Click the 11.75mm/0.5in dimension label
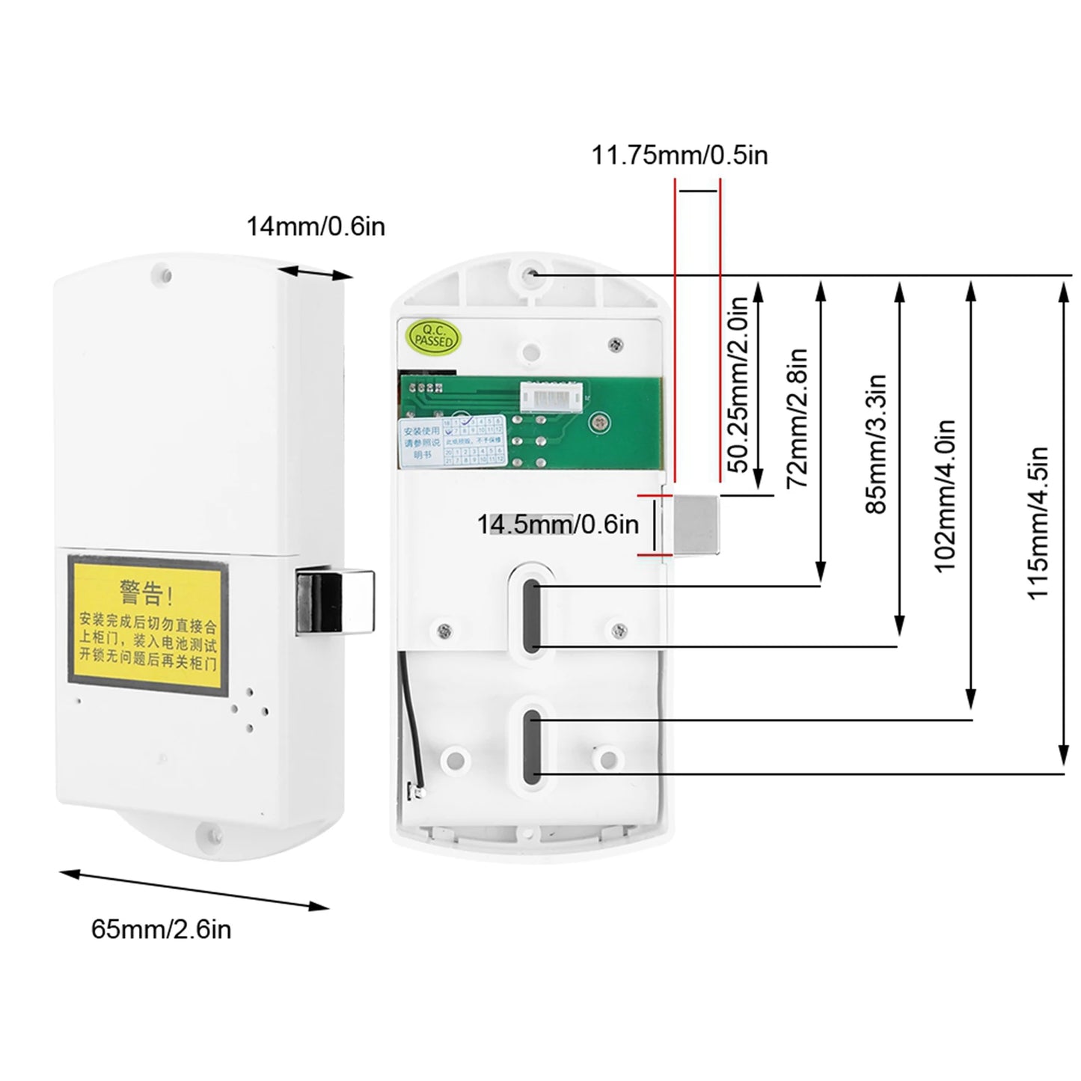[679, 155]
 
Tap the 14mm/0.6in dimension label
[316, 225]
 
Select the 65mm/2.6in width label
[161, 929]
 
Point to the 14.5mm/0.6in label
[558, 524]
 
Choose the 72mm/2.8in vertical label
[798, 418]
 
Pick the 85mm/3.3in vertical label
[876, 444]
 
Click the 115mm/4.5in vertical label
[1038, 523]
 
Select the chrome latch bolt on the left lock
[334, 601]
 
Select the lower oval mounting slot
[532, 748]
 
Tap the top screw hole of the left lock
[166, 274]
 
